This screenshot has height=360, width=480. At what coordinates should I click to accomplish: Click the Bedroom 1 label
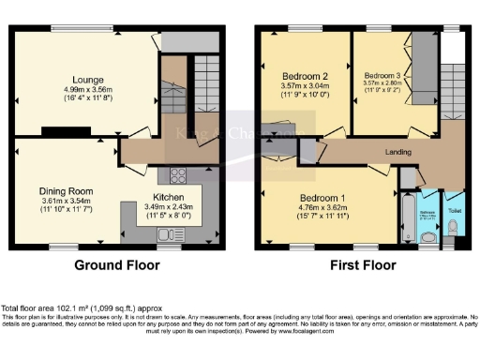click(x=322, y=198)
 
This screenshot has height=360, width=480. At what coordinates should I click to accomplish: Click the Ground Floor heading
click(x=117, y=265)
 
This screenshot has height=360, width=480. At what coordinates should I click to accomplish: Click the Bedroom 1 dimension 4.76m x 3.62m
click(x=322, y=209)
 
